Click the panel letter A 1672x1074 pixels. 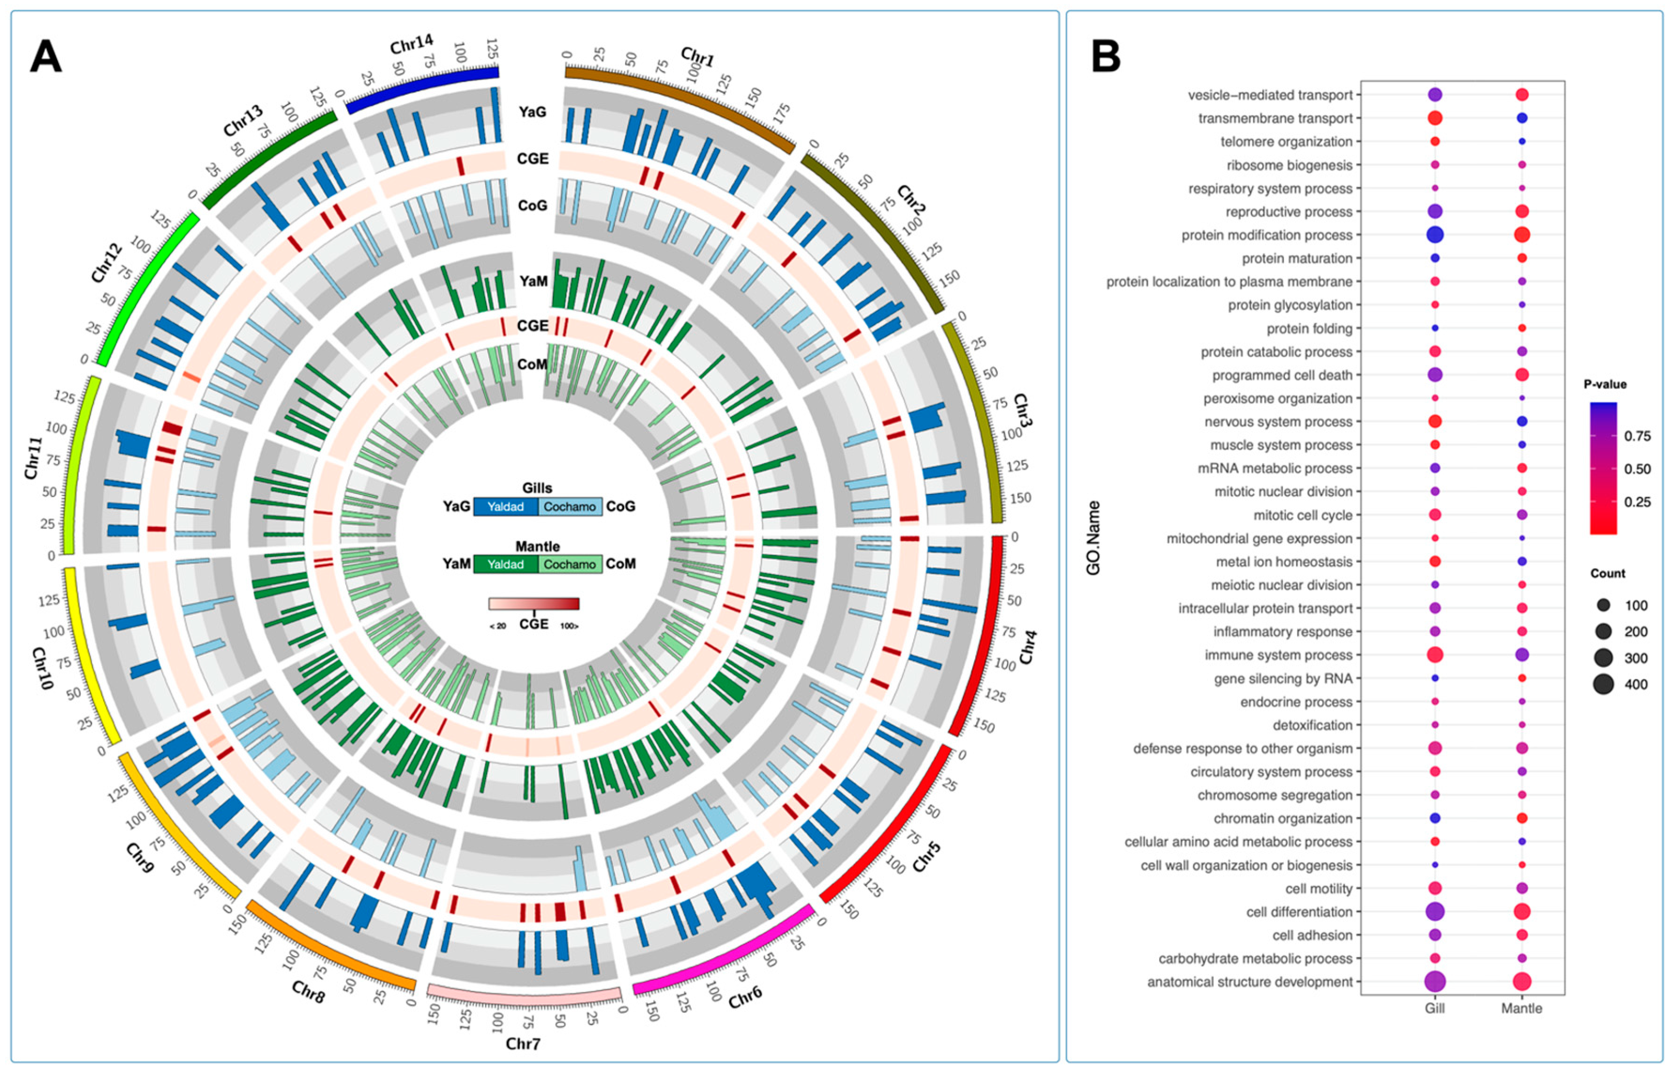click(46, 57)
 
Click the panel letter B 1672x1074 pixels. click(1106, 57)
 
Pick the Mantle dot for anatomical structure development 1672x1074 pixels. click(1521, 982)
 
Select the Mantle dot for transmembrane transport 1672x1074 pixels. click(1521, 119)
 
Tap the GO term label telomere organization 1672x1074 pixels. click(1286, 142)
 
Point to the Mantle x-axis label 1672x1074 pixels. click(1521, 1008)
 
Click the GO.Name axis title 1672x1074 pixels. click(1093, 538)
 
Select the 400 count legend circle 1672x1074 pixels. click(1603, 684)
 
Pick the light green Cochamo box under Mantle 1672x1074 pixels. click(569, 564)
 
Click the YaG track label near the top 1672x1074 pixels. click(532, 112)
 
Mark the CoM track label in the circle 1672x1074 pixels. click(532, 365)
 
